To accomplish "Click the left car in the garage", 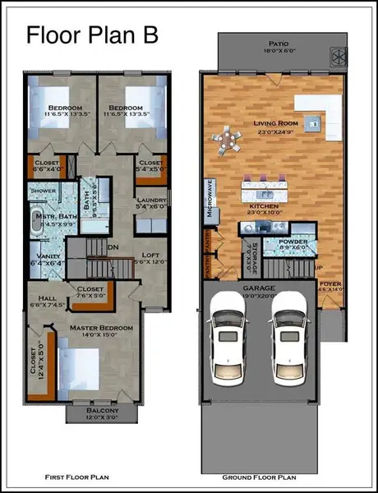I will (226, 339).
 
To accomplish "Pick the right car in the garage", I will (287, 339).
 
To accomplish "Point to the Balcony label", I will (103, 410).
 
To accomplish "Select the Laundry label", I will (152, 200).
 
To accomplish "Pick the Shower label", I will (42, 191).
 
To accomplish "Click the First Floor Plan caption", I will (77, 477).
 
